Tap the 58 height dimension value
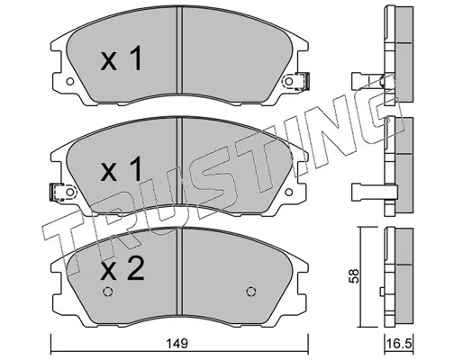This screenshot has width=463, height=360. pos(354,276)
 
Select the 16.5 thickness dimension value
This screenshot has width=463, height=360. pos(399,344)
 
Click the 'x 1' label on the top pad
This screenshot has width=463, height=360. pos(122,58)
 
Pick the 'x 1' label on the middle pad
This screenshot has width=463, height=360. pos(122,169)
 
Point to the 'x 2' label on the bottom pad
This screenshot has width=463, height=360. pos(123,268)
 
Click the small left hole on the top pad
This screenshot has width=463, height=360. pos(70,81)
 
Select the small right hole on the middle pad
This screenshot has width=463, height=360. pos(288,193)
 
